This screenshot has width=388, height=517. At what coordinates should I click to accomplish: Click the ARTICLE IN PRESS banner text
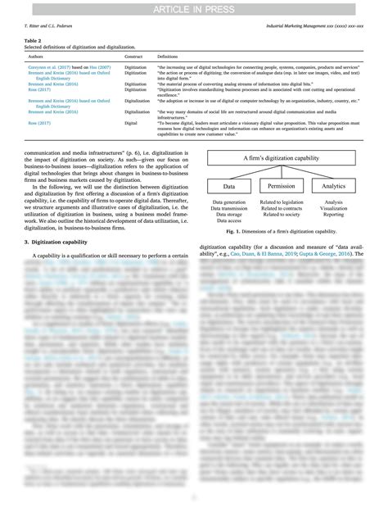194,10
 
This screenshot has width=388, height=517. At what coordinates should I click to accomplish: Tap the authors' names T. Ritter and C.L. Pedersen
51,26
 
